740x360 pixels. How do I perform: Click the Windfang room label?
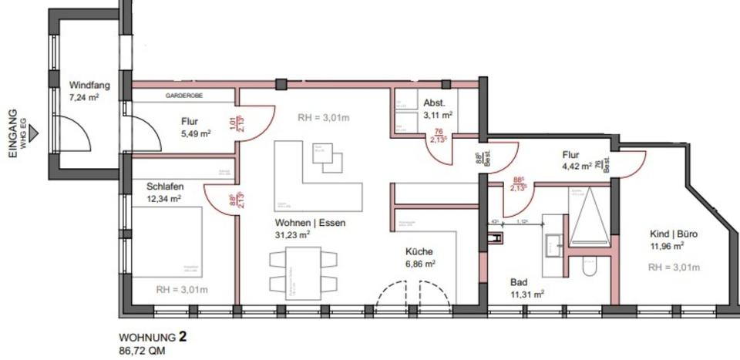pyautogui.click(x=89, y=86)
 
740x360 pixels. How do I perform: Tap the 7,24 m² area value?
pyautogui.click(x=84, y=98)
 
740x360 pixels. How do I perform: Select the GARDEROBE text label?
pyautogui.click(x=183, y=96)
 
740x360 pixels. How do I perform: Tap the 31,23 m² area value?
pyautogui.click(x=293, y=234)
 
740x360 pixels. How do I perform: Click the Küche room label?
pyautogui.click(x=420, y=251)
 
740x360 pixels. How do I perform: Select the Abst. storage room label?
pyautogui.click(x=435, y=103)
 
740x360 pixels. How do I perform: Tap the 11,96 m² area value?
pyautogui.click(x=667, y=247)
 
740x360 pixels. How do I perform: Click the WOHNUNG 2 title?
pyautogui.click(x=153, y=337)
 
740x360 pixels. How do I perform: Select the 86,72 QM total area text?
pyautogui.click(x=142, y=350)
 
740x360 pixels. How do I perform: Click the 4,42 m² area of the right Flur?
pyautogui.click(x=574, y=165)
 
